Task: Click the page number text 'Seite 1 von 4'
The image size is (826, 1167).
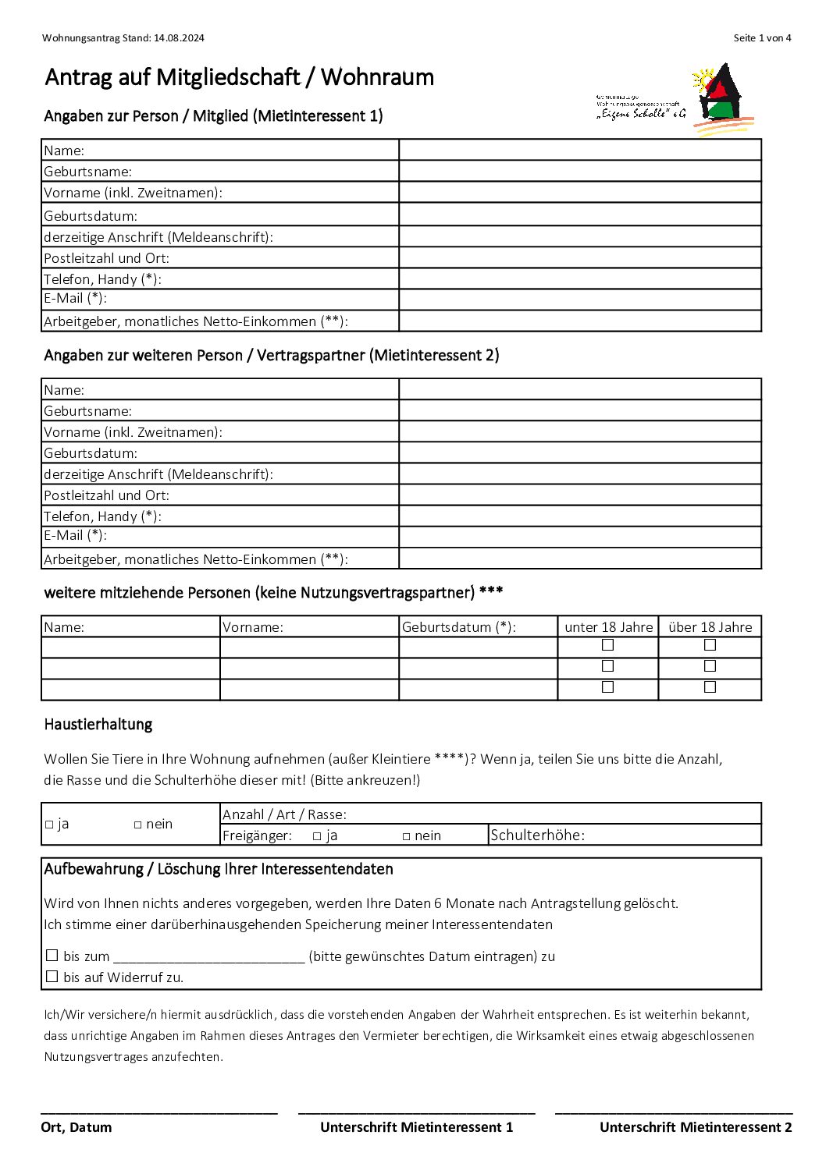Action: click(x=762, y=38)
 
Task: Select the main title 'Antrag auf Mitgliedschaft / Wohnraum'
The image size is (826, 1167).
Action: click(x=240, y=77)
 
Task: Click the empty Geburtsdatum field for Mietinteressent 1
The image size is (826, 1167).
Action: click(x=579, y=215)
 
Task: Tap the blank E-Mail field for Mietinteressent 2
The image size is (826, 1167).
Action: click(x=579, y=536)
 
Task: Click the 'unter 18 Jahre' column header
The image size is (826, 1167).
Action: click(x=608, y=627)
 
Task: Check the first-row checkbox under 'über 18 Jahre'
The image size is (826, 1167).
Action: click(x=710, y=645)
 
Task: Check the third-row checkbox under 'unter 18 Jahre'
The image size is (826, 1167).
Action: click(x=608, y=687)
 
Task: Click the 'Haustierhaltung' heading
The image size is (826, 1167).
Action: click(x=98, y=725)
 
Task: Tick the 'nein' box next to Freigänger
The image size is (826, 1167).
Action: click(x=407, y=836)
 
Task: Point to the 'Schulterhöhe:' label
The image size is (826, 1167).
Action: click(x=537, y=835)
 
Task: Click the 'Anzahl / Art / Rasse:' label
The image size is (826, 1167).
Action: click(x=284, y=814)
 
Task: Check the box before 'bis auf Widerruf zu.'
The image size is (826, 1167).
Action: click(x=52, y=977)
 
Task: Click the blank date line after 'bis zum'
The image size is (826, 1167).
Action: click(x=208, y=957)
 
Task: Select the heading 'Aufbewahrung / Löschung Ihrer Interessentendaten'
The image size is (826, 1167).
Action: click(x=219, y=870)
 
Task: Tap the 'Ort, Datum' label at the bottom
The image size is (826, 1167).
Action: click(x=77, y=1127)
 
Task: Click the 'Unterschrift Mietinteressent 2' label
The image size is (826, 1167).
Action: click(x=696, y=1127)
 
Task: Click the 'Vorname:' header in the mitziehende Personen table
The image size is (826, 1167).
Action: click(x=253, y=627)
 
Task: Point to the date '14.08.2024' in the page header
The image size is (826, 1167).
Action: click(x=179, y=38)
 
